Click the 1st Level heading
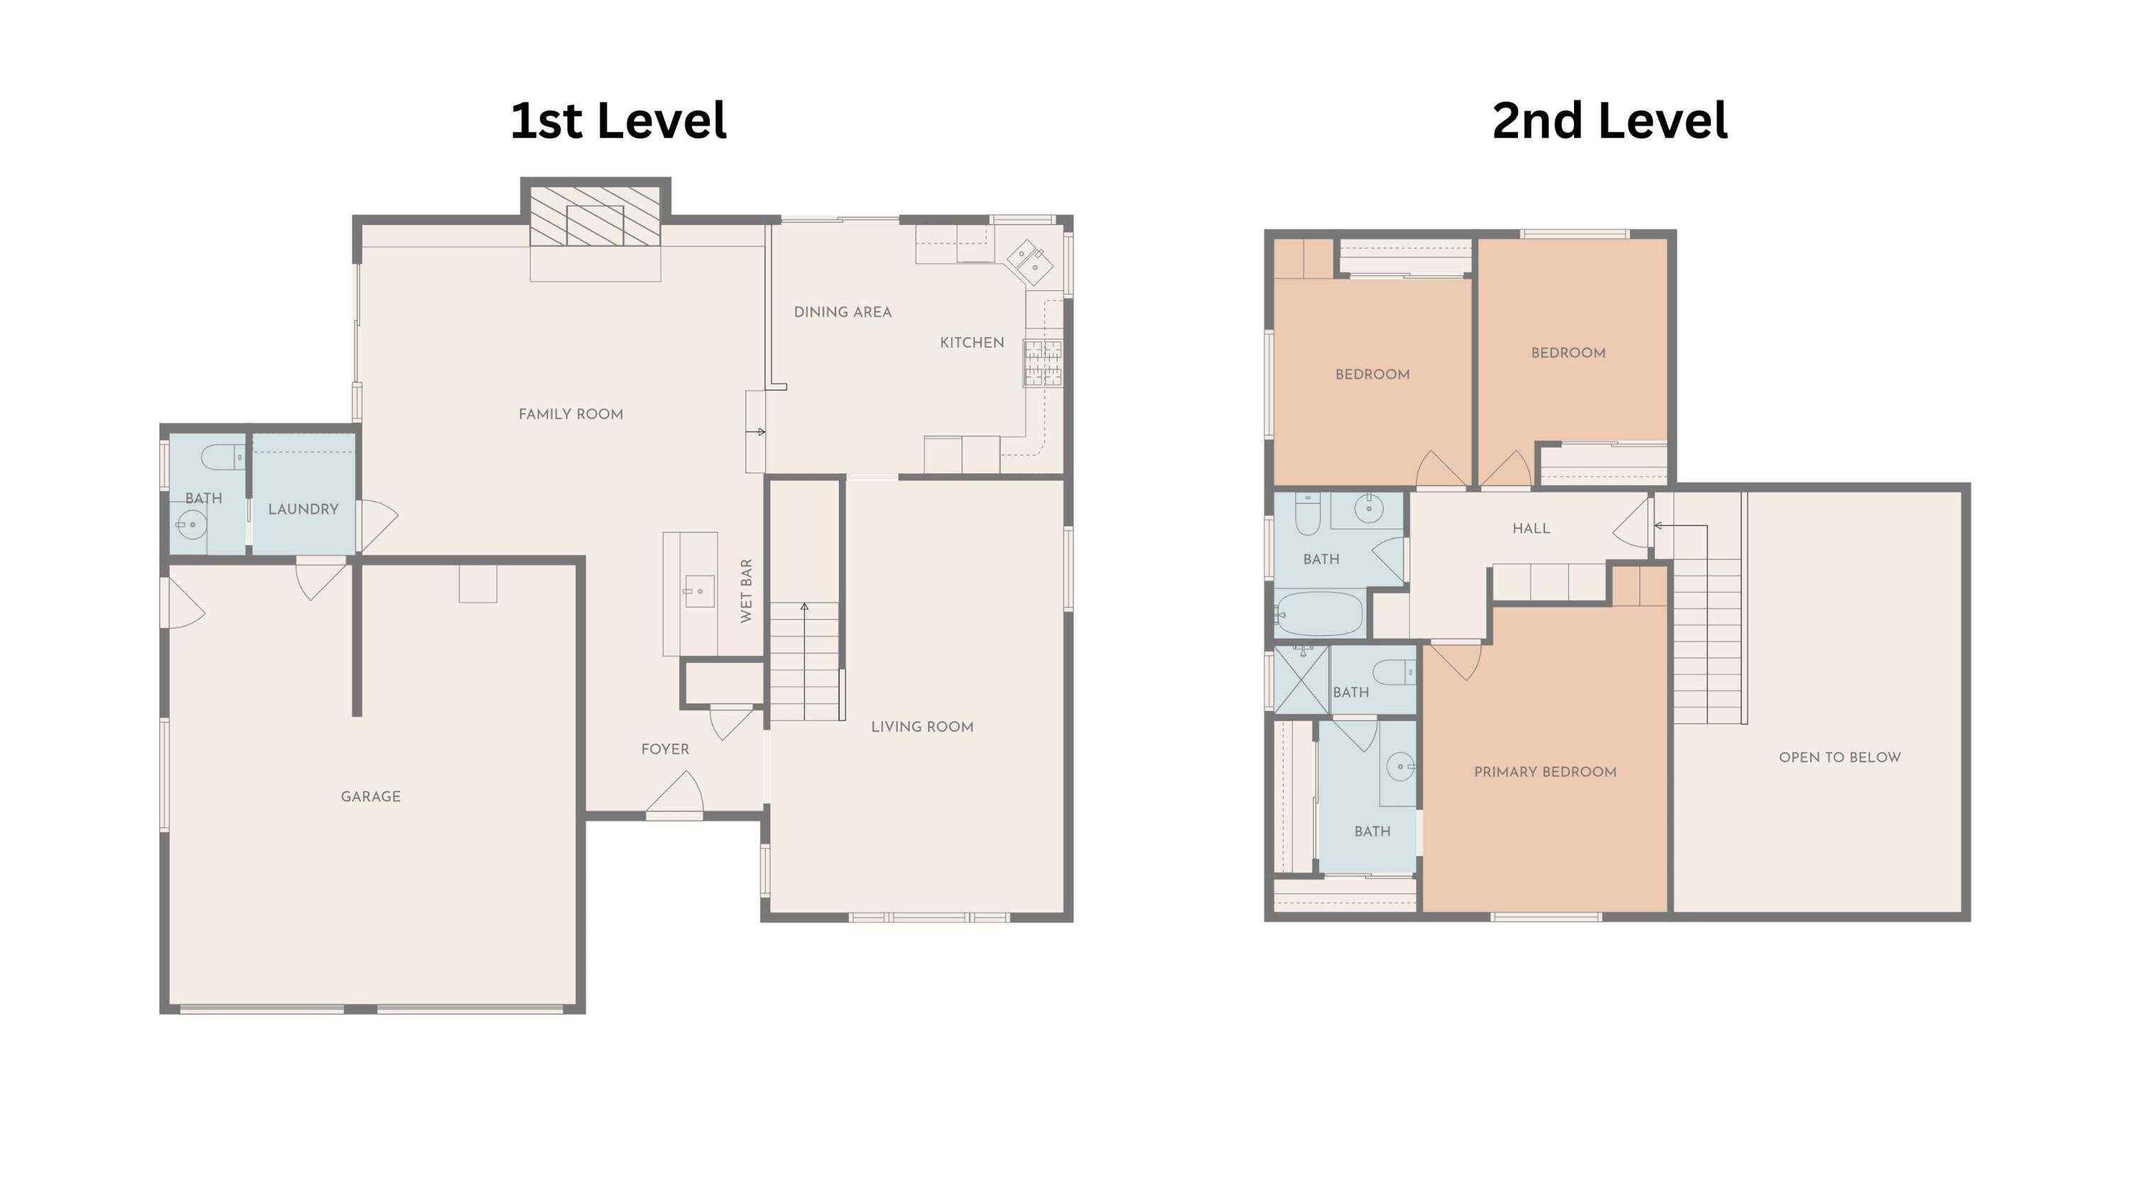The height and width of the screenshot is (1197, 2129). coord(618,121)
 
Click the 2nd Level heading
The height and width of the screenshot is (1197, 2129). coord(1609,121)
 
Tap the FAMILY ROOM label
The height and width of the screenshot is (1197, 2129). coord(571,414)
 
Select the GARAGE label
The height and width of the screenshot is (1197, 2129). coord(370,796)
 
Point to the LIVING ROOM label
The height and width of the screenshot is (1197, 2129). coord(922,727)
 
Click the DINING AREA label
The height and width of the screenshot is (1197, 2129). coord(842,312)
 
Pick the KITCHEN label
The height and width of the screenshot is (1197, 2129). coord(972,343)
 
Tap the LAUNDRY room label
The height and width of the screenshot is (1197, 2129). coord(303,509)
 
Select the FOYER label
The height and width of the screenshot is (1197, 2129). coord(664,749)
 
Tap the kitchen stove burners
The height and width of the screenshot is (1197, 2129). coord(1043,363)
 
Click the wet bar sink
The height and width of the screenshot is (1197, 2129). coord(699,592)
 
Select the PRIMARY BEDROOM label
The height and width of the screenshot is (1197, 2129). coord(1545,771)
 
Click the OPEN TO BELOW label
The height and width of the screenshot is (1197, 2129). coord(1839,758)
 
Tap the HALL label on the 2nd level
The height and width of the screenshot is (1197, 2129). coord(1531,529)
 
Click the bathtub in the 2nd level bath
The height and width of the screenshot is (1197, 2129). coord(1319,614)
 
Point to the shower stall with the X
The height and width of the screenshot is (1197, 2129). coord(1302,679)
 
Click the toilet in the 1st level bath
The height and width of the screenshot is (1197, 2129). coord(222,457)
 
